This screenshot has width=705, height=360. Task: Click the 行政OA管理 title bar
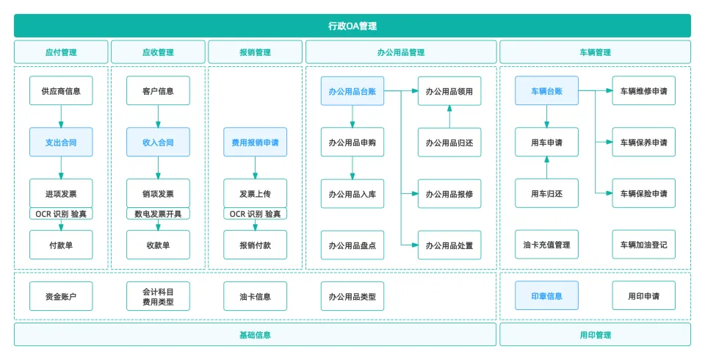tap(352, 26)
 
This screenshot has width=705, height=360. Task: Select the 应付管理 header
tap(61, 52)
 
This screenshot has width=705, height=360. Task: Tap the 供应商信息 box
tap(61, 91)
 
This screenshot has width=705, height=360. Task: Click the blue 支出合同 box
tap(61, 142)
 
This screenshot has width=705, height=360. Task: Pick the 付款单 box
tap(61, 245)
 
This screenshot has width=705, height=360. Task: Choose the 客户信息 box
tap(158, 91)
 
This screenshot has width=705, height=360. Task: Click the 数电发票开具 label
tap(158, 214)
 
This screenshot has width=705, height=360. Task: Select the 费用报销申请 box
tap(255, 142)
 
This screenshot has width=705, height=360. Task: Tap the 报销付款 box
tap(255, 245)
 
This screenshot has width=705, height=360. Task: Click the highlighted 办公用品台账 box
tap(352, 91)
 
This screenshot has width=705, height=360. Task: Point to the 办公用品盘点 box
tap(352, 245)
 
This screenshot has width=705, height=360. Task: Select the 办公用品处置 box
tap(449, 245)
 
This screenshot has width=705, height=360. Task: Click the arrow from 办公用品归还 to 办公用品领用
tap(449, 116)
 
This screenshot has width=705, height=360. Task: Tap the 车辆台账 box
tap(546, 91)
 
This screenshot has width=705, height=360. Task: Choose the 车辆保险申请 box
tap(643, 193)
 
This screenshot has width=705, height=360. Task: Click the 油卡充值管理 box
tap(546, 245)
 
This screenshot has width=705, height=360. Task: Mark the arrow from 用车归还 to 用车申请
tap(546, 168)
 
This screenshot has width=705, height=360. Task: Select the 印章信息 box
tap(546, 296)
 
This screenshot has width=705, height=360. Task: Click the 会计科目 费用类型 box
tap(158, 296)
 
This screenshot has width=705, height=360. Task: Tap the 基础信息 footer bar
tap(255, 334)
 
